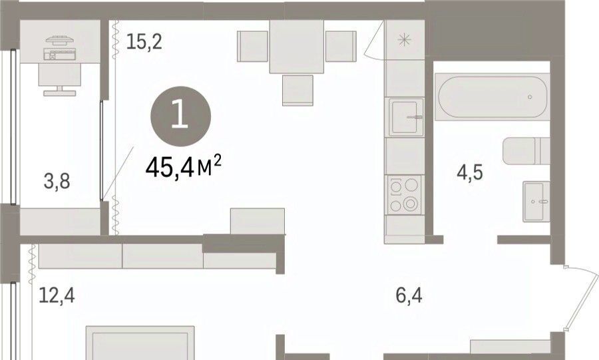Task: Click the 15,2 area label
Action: click(144, 42)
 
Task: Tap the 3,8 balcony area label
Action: click(57, 181)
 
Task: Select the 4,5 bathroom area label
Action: click(470, 172)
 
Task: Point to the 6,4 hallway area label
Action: click(409, 295)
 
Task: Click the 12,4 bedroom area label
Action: click(57, 295)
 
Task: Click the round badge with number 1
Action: click(180, 116)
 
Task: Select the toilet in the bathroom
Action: click(526, 151)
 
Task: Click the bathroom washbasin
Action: click(536, 201)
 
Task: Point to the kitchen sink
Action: click(406, 117)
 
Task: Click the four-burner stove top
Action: click(405, 195)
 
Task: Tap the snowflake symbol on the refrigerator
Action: click(404, 40)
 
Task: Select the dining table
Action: click(297, 46)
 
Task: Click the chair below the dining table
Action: click(298, 90)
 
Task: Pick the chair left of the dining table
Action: click(252, 46)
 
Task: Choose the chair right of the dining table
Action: click(341, 46)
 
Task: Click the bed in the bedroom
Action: click(140, 343)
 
